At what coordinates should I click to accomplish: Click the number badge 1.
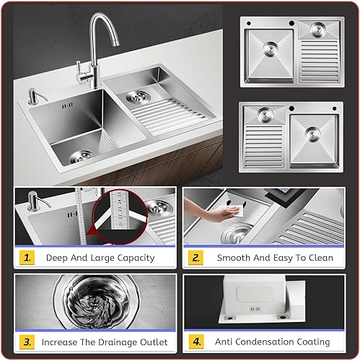coord(26,257)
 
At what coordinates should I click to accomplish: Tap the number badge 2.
coord(195,257)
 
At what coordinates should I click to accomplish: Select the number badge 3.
coord(26,342)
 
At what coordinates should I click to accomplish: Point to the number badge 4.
coord(195,342)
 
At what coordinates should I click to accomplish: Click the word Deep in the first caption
coord(59,257)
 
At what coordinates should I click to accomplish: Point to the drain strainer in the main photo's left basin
coord(81,155)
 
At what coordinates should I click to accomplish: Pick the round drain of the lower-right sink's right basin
coord(312,134)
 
